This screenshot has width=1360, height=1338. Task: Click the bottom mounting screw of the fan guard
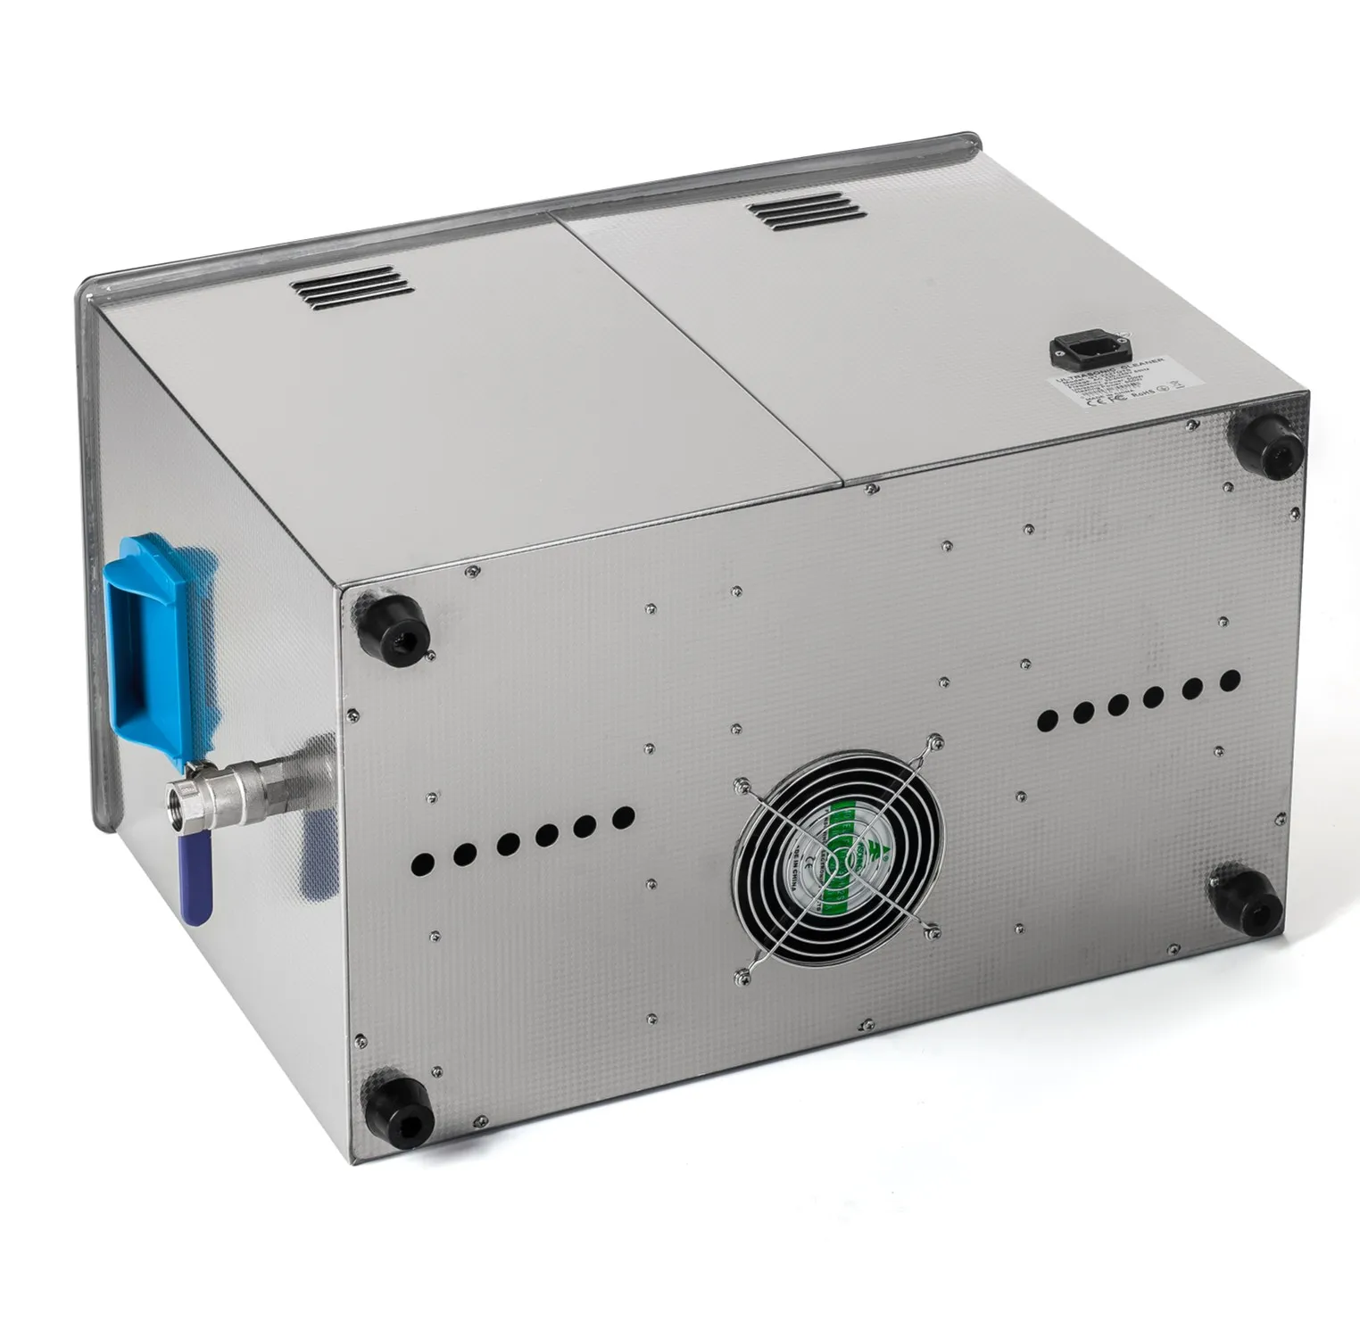click(x=740, y=976)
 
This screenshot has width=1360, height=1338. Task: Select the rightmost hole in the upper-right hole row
click(x=1229, y=681)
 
